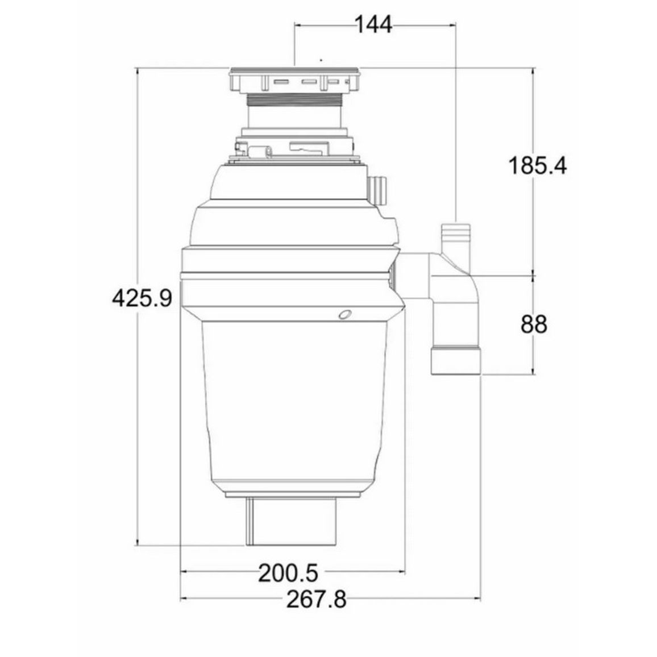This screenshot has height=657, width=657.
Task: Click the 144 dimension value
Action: tap(374, 24)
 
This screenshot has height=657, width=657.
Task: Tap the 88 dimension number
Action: tap(534, 325)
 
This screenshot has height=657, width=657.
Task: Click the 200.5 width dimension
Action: tap(288, 573)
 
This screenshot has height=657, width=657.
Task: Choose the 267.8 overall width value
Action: tap(317, 600)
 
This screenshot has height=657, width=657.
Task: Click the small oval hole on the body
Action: tap(345, 315)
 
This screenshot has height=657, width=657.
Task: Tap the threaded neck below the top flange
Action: tap(294, 99)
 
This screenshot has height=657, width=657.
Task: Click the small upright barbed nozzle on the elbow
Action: tap(456, 237)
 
